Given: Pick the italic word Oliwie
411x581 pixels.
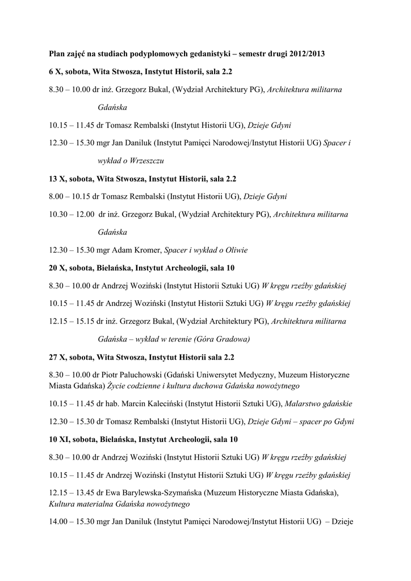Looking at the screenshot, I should [x=236, y=250].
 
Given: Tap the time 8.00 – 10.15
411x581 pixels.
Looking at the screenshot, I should [x=70, y=196].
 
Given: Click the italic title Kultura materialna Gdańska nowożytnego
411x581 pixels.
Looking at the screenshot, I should [x=119, y=504].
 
